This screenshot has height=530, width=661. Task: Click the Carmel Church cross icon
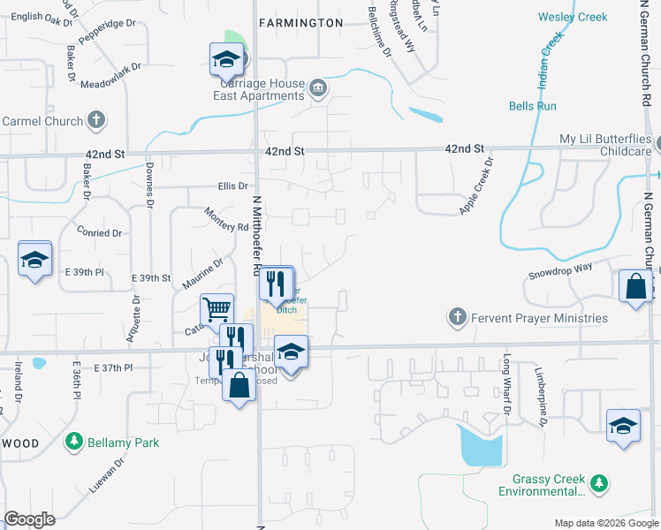[97, 121]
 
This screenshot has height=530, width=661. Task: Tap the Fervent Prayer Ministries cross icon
[457, 317]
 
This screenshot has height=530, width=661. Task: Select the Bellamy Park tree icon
[74, 442]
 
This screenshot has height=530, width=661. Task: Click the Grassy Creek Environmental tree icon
[600, 483]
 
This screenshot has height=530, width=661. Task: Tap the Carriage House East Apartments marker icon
[318, 87]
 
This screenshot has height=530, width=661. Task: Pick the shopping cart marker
[217, 310]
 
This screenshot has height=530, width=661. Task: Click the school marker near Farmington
[226, 59]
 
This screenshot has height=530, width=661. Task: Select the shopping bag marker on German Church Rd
[635, 286]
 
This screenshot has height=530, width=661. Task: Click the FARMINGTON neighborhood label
[300, 22]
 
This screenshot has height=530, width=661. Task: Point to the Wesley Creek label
[573, 17]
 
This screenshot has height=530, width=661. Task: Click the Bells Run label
[533, 106]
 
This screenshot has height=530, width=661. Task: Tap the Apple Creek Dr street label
[474, 185]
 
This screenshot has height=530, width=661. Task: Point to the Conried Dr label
[100, 233]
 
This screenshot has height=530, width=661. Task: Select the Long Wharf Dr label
[507, 383]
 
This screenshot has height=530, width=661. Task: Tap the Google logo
[30, 519]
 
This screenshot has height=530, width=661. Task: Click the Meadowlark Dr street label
[110, 76]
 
